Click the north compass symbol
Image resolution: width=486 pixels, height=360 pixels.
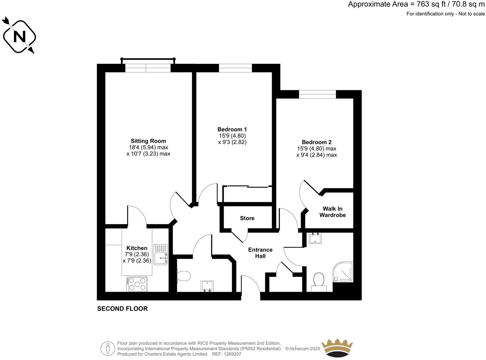coord(19,36)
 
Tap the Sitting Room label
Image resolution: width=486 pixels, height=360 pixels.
coord(148,141)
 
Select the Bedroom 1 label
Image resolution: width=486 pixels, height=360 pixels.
coord(232,129)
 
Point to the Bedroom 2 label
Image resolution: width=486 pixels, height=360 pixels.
coord(316,142)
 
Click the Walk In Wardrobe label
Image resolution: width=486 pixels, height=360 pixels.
coord(333,212)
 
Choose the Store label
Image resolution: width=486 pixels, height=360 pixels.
coord(247,218)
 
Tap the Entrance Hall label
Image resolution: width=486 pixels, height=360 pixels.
coord(260,253)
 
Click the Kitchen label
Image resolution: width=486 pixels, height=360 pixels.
coord(137,248)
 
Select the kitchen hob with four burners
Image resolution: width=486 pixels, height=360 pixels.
coord(137,284)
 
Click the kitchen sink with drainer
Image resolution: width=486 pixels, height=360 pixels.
coord(161,254)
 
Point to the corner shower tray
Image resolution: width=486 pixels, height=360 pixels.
coord(343,272)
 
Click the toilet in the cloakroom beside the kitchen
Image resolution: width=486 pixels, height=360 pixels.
coord(183,276)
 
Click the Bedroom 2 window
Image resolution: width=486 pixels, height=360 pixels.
coord(317,94)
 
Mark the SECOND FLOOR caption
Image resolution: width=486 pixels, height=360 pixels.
coord(122,309)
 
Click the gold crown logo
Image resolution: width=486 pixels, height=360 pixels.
coord(338,348)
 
